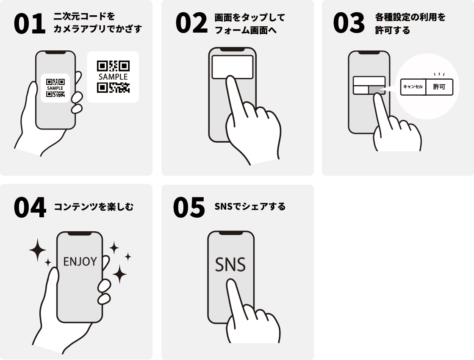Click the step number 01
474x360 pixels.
pos(30,23)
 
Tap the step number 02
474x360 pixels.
pos(191,23)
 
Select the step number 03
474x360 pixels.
pos(349,23)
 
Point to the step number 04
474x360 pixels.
pos(30,208)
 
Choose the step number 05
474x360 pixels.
pos(189,208)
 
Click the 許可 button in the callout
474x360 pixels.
pos(439,87)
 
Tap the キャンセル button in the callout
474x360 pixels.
pos(413,87)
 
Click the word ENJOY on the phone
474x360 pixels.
pos(80,261)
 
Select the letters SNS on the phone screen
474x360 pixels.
pos(230,264)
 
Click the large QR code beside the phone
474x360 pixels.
pos(113,77)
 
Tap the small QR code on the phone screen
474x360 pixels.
pos(55,88)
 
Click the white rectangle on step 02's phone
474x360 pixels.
pos(232,67)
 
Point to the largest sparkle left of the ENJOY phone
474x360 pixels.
pos(37,250)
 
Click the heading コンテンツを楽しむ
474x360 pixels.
pos(94,207)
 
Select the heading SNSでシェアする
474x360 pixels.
pos(250,206)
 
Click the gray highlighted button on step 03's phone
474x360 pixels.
pos(377,90)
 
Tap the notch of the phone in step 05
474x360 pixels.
pos(231,233)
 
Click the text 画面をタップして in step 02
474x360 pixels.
pos(249,17)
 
